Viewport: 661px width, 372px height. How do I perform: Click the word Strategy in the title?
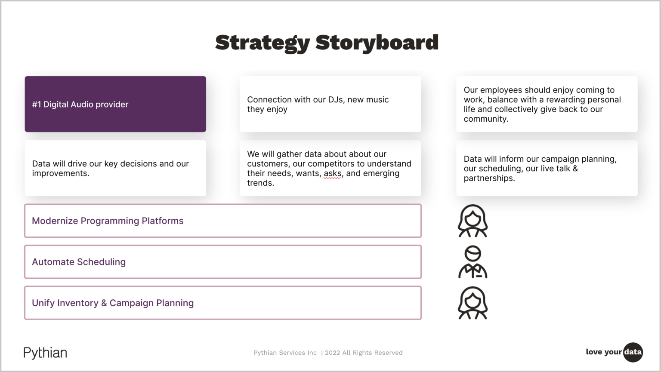point(262,43)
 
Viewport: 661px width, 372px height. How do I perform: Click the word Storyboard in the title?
point(377,43)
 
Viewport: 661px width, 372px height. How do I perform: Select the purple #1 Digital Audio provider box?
point(115,104)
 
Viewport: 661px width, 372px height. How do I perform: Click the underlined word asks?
point(333,173)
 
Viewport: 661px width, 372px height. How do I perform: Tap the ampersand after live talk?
point(575,169)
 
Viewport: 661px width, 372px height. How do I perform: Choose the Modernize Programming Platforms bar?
point(222,221)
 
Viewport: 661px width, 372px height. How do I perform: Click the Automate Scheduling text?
point(79,262)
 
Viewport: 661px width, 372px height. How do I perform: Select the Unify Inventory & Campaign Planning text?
point(113,303)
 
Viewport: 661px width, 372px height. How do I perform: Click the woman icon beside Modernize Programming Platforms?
point(473,221)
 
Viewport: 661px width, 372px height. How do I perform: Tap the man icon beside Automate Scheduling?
point(473,262)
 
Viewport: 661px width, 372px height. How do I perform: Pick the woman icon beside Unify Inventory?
point(473,303)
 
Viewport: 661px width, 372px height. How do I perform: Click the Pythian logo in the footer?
point(45,353)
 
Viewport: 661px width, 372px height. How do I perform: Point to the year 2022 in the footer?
point(332,353)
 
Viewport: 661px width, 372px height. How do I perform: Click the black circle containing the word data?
point(633,352)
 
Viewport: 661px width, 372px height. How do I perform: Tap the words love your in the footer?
point(603,352)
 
